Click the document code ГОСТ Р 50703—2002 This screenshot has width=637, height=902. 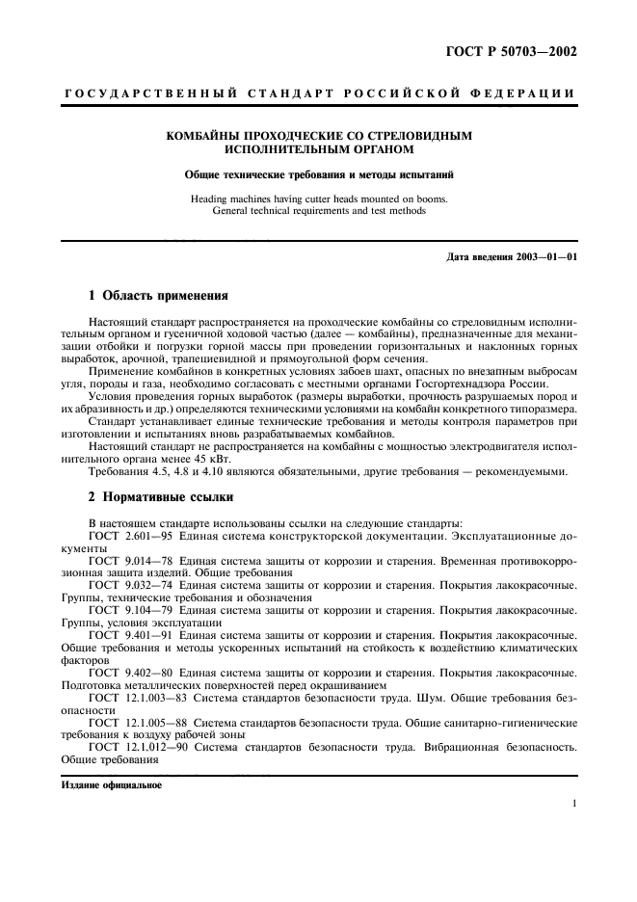(520, 52)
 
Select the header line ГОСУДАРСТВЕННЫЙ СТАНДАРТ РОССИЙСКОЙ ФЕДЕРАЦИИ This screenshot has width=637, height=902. (319, 93)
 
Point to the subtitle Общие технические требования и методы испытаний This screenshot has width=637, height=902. (319, 175)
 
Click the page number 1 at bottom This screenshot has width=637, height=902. (573, 804)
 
